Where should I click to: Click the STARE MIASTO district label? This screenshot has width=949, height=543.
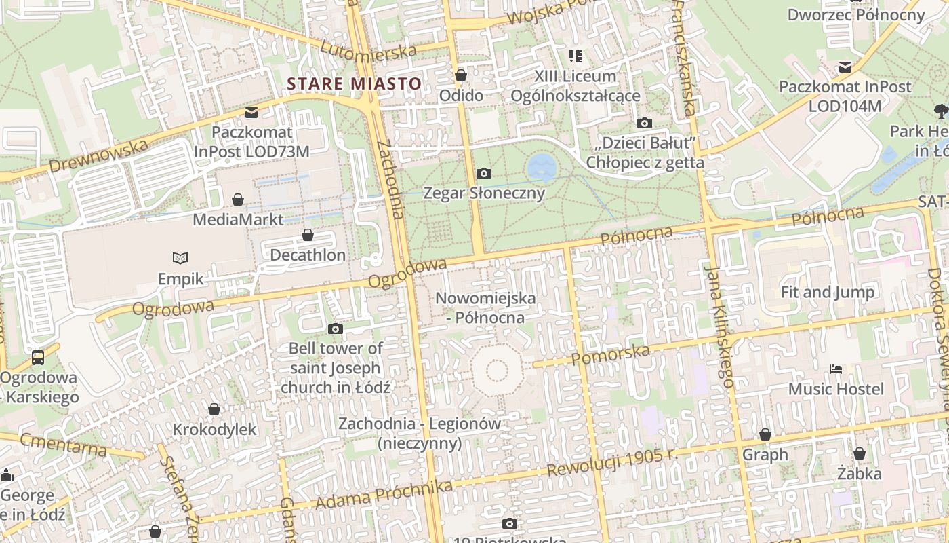pos(354,83)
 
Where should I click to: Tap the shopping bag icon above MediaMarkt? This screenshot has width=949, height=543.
pos(238,200)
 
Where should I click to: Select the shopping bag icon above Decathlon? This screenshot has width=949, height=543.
pos(308,235)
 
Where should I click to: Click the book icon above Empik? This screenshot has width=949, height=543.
pos(180,258)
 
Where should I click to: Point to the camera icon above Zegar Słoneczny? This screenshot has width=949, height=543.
pos(483,173)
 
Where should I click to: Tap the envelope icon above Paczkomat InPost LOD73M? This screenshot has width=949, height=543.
pos(251,112)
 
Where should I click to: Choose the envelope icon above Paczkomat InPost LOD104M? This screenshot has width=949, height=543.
pos(845,67)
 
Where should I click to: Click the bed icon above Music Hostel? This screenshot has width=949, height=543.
pos(836,369)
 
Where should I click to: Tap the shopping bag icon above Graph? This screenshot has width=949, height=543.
pos(765,434)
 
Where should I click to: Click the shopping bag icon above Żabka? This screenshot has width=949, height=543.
pos(860,453)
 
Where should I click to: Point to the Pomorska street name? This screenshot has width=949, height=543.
pos(611,354)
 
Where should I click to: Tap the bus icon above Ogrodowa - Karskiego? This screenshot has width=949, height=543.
pos(38,357)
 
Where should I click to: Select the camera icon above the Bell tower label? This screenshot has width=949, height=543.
pos(335,329)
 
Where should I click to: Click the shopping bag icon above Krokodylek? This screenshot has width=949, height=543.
pos(214,409)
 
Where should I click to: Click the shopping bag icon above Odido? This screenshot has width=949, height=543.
pos(461,75)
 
